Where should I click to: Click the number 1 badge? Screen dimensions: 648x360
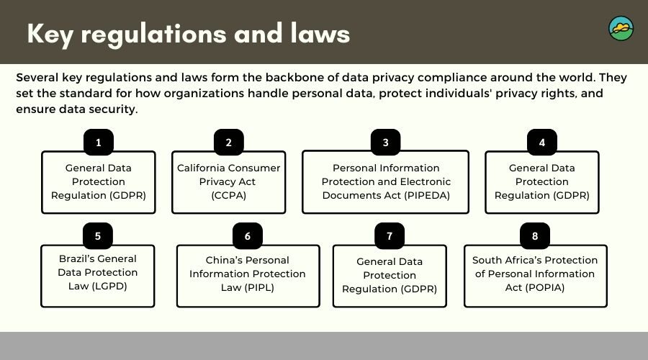point(99,142)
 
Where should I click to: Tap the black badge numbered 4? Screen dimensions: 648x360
point(541,142)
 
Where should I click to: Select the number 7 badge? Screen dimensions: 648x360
point(390,235)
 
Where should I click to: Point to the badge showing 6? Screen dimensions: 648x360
point(248,235)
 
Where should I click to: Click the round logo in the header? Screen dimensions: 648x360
point(621,29)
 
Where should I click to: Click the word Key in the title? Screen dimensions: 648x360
point(50,35)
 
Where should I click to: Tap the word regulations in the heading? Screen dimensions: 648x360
point(153,35)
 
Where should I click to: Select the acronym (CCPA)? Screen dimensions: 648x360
point(228,196)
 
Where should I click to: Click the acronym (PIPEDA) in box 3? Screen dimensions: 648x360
point(426,196)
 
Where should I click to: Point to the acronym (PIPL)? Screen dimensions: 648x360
point(259,288)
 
